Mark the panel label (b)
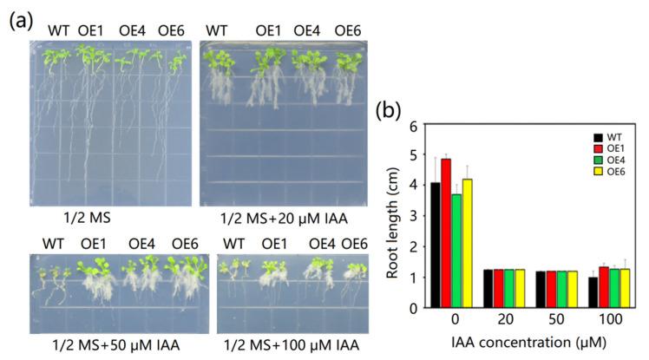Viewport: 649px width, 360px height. tap(388, 111)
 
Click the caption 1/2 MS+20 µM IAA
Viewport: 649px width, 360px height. tap(273, 221)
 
